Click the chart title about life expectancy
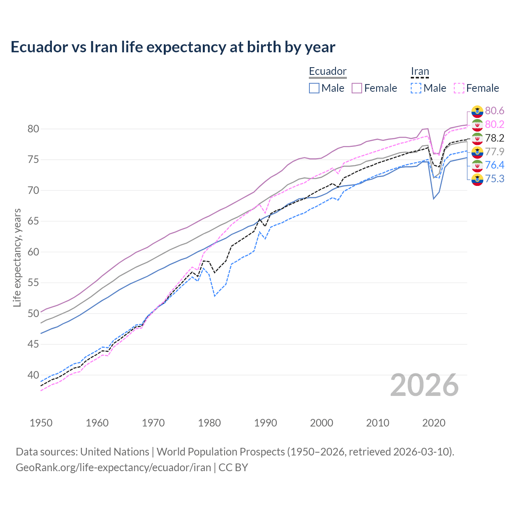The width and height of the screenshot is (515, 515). [173, 47]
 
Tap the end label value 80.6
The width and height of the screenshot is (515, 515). [494, 111]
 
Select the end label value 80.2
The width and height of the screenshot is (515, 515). [494, 124]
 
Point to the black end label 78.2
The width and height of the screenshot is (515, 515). [494, 138]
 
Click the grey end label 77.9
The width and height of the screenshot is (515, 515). [494, 152]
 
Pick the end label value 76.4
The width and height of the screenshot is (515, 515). [494, 165]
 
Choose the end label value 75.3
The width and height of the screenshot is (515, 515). [494, 179]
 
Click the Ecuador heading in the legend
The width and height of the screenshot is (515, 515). [328, 71]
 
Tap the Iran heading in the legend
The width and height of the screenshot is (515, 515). [420, 71]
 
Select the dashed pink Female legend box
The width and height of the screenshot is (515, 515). [459, 88]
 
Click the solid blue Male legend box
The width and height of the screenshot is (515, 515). [314, 88]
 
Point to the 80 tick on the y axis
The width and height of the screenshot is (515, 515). [33, 129]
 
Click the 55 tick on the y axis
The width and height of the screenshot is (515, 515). [33, 283]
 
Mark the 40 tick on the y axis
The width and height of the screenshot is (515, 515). [33, 375]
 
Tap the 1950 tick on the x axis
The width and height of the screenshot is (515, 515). [41, 423]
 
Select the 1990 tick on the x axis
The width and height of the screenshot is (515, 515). [266, 423]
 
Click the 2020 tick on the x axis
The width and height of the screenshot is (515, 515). [434, 423]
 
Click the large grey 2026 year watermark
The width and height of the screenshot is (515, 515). [424, 385]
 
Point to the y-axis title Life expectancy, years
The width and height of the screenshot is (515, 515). [17, 257]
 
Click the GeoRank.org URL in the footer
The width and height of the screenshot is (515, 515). [113, 468]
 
